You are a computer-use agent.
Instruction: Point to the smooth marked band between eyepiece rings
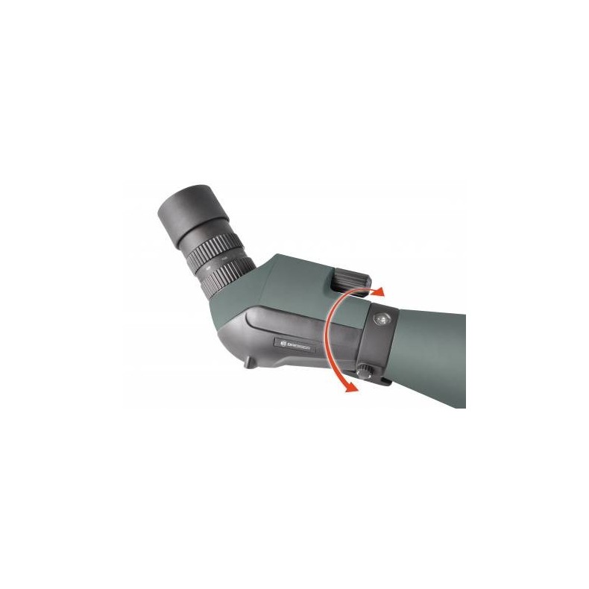[x=219, y=260]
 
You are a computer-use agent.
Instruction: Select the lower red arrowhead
[x=346, y=385]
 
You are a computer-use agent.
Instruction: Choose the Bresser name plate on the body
[x=294, y=344]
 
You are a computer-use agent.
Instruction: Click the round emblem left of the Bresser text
[x=280, y=343]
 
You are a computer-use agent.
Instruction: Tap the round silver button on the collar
[x=382, y=319]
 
